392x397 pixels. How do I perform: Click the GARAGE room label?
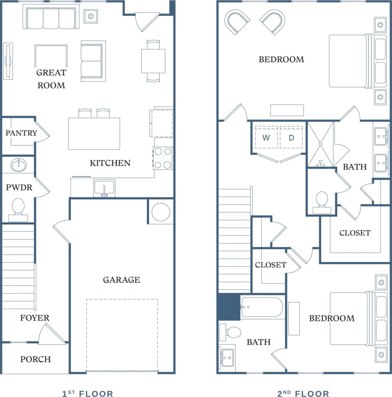(x=121, y=280)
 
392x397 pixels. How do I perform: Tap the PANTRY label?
(x=21, y=133)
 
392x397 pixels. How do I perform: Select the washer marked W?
(x=266, y=138)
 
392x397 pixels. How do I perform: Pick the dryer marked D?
(x=291, y=138)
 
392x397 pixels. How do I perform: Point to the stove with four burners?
(x=163, y=158)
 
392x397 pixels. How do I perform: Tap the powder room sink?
(x=18, y=165)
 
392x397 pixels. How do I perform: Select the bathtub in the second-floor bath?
(x=261, y=307)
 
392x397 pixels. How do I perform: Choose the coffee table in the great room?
(x=51, y=56)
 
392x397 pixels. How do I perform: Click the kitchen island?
(x=94, y=134)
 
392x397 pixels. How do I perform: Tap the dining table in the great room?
(x=153, y=61)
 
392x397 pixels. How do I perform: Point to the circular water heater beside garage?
(x=161, y=212)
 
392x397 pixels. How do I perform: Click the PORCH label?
(x=36, y=359)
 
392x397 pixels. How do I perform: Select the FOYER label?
(x=35, y=318)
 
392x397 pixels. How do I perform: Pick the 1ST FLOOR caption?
(x=87, y=394)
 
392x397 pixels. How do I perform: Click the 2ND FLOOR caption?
(x=303, y=394)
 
